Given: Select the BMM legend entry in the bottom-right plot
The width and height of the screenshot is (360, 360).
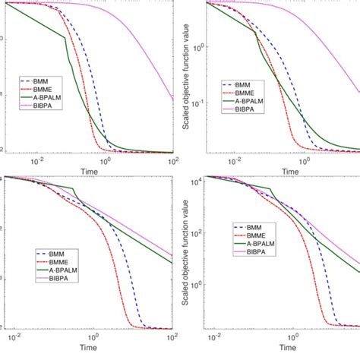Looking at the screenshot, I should tap(251, 226).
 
